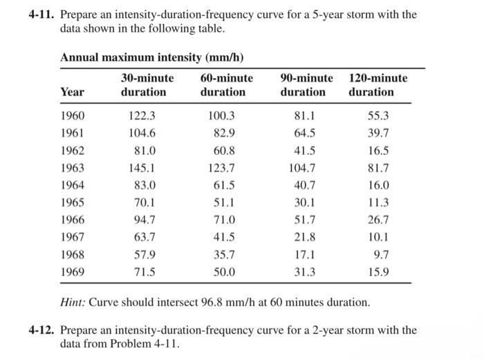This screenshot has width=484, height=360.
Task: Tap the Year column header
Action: [73, 92]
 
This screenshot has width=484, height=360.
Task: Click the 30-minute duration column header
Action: [147, 85]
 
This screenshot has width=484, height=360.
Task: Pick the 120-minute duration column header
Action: [378, 85]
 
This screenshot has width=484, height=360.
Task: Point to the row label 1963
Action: [73, 167]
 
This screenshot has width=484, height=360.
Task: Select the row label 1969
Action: [73, 272]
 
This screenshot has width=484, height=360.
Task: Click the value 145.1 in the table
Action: [142, 167]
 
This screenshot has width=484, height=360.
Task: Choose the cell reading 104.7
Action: [302, 167]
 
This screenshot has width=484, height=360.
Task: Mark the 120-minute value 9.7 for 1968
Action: [381, 254]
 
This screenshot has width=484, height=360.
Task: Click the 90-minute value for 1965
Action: [305, 202]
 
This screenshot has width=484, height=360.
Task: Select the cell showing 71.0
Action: [224, 220]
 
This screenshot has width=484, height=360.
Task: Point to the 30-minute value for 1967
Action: [145, 237]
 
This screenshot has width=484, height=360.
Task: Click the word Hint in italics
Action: [73, 303]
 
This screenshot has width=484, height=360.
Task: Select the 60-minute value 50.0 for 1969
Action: [224, 272]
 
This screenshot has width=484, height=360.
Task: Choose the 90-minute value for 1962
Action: [305, 150]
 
